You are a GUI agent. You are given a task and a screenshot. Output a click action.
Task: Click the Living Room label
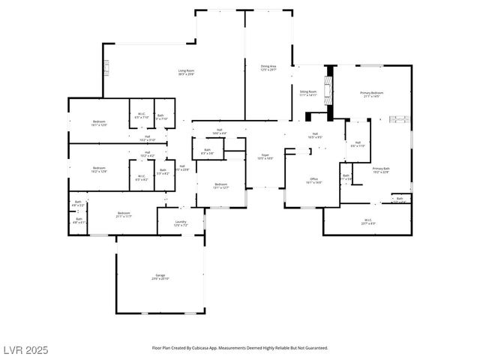pyautogui.click(x=187, y=72)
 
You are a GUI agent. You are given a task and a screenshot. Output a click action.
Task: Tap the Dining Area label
pyautogui.click(x=268, y=67)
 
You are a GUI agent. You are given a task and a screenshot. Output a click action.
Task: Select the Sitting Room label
pyautogui.click(x=308, y=94)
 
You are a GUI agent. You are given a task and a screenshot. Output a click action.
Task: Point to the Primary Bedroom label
pyautogui.click(x=371, y=94)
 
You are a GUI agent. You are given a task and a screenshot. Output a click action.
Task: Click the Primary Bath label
pyautogui.click(x=381, y=170)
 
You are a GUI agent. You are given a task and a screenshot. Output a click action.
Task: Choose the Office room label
pyautogui.click(x=314, y=181)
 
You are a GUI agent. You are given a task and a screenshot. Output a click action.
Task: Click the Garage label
pyautogui.click(x=160, y=277)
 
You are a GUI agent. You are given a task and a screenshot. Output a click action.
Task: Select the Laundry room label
pyautogui.click(x=181, y=223)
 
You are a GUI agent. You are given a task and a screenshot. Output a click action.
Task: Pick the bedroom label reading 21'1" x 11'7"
pyautogui.click(x=124, y=215)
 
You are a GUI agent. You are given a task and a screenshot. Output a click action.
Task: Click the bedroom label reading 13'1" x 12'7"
pyautogui.click(x=220, y=185)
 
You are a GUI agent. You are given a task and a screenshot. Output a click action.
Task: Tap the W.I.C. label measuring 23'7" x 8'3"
pyautogui.click(x=368, y=221)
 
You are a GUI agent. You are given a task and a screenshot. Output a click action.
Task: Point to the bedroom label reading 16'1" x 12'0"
pyautogui.click(x=99, y=123)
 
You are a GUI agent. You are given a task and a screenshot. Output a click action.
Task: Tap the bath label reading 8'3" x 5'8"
pyautogui.click(x=208, y=151)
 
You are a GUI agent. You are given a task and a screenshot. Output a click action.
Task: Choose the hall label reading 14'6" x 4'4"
pyautogui.click(x=219, y=131)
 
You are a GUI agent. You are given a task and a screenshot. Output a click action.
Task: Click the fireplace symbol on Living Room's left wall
pyautogui.click(x=106, y=68)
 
